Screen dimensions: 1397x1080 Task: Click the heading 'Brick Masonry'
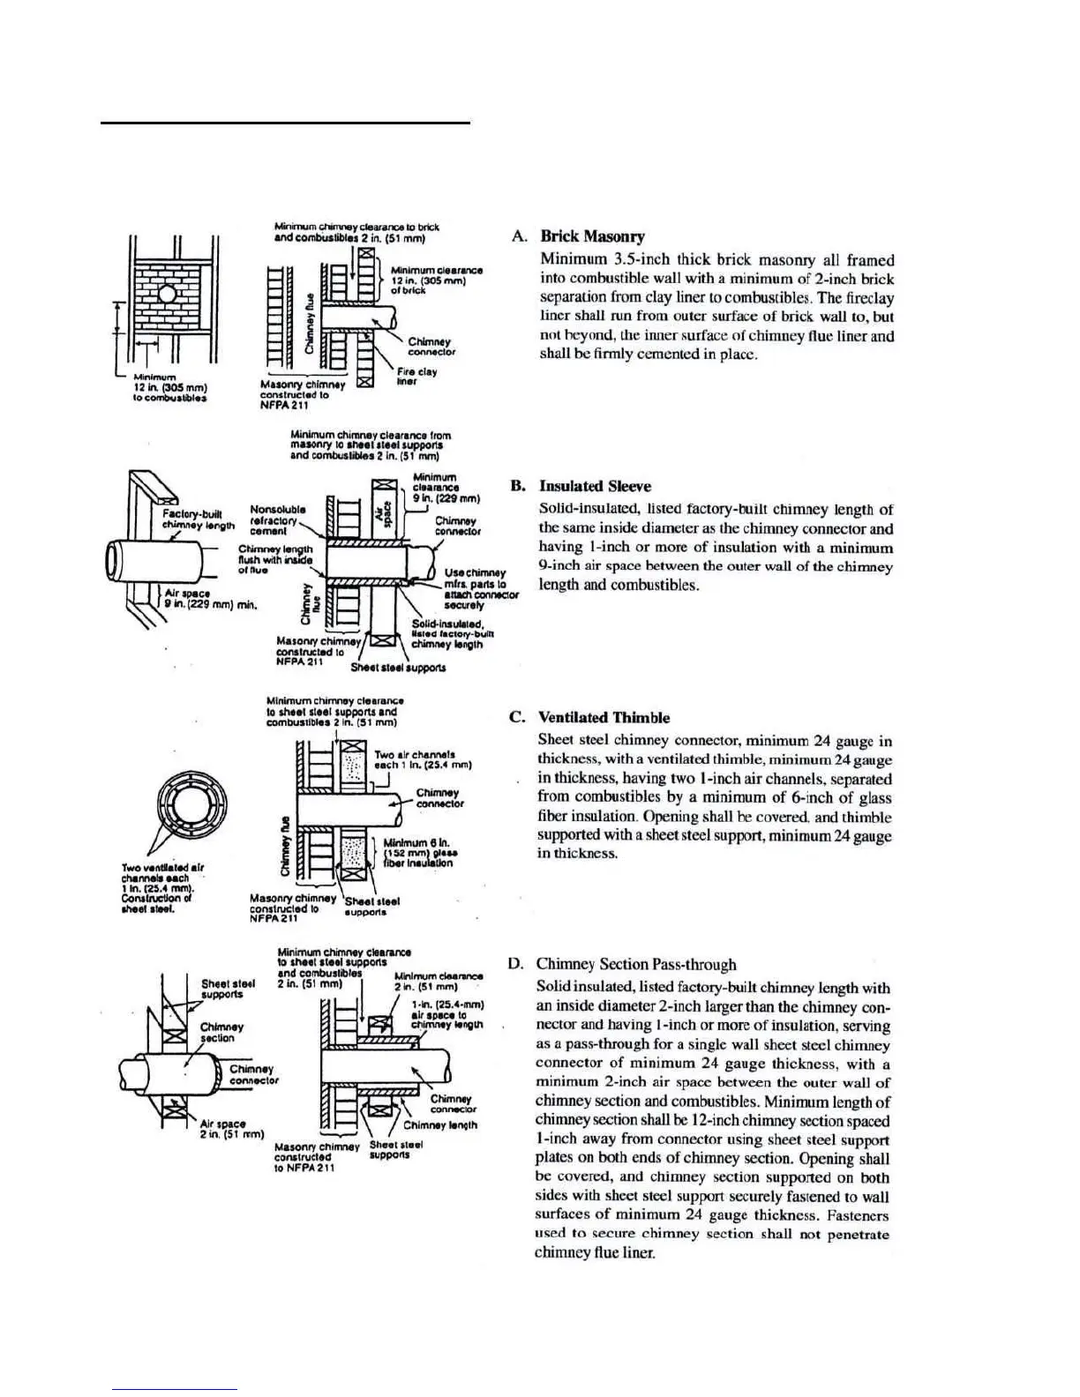(x=592, y=236)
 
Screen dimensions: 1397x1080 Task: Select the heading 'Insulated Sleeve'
(x=595, y=486)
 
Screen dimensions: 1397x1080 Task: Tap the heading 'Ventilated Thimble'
(x=604, y=718)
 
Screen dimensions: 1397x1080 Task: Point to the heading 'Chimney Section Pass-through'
(x=635, y=965)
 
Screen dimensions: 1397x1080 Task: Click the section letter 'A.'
(x=520, y=236)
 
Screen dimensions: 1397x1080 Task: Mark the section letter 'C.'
(x=518, y=718)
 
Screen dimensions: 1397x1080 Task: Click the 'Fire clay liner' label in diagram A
(x=416, y=377)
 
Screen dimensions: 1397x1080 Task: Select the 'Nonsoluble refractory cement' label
(x=278, y=520)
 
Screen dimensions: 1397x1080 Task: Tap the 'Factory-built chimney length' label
(x=199, y=519)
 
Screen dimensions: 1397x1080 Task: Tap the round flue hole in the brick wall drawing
(x=167, y=294)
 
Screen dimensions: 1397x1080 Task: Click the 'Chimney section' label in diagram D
(x=221, y=1033)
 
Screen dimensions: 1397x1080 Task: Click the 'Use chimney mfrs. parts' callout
(x=477, y=589)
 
